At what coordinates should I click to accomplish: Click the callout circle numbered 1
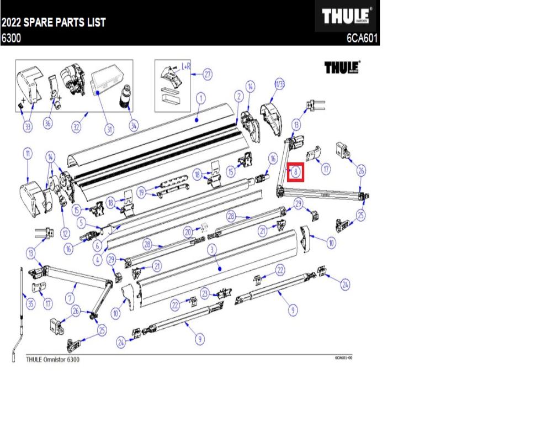tap(200, 98)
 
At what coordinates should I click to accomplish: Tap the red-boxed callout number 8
tap(296, 172)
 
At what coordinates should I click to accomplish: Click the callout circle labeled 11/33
tap(279, 85)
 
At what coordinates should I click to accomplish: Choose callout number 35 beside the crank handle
tap(30, 303)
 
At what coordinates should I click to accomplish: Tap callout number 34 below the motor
tap(134, 125)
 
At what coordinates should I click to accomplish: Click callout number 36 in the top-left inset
tap(47, 124)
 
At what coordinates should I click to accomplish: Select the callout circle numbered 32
tap(76, 128)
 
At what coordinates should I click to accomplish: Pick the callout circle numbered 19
tap(141, 192)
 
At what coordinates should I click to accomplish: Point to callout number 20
tap(188, 231)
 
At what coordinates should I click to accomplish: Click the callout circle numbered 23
tap(205, 293)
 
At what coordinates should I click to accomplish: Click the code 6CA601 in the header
tap(362, 39)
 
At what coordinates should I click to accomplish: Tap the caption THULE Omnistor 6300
tap(53, 360)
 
